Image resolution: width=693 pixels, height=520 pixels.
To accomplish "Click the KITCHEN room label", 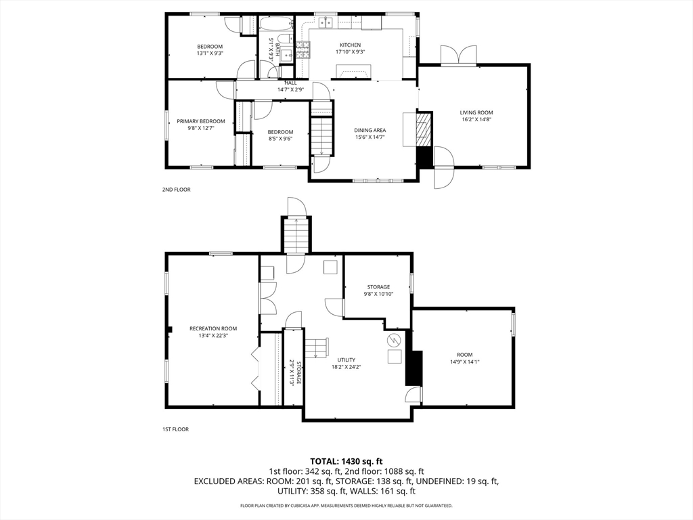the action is [x=350, y=45].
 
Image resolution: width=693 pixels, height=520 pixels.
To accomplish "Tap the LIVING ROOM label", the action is [x=476, y=113].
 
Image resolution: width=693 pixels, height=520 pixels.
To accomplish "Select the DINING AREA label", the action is [x=370, y=131].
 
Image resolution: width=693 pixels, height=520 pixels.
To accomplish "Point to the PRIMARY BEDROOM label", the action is [x=200, y=121].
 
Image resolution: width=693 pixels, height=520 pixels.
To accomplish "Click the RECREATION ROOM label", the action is [x=213, y=328].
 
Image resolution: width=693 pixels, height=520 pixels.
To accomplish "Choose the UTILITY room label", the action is [x=346, y=360].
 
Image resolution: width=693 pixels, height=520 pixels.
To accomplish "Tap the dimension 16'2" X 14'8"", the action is [x=476, y=119].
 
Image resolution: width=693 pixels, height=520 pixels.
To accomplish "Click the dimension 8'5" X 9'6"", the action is [x=280, y=138].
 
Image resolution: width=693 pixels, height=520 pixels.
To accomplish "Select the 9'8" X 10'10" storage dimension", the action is [x=378, y=294].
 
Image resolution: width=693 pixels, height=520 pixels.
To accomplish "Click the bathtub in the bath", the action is [x=275, y=23].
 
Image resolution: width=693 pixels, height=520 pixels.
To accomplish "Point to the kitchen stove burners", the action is [x=303, y=49].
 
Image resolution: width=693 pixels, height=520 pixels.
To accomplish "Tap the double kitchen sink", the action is [x=327, y=22].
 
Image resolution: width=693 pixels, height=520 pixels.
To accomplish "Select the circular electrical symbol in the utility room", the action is [x=393, y=340].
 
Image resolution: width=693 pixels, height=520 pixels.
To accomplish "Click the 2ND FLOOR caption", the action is [x=176, y=190].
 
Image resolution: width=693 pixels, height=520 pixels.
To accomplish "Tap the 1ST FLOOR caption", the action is [x=175, y=429].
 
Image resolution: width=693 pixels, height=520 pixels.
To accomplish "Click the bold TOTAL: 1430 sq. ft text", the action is [x=346, y=462].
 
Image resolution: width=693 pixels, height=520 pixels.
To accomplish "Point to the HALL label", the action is [x=290, y=83].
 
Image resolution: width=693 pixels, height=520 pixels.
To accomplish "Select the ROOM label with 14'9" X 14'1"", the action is [x=464, y=355].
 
